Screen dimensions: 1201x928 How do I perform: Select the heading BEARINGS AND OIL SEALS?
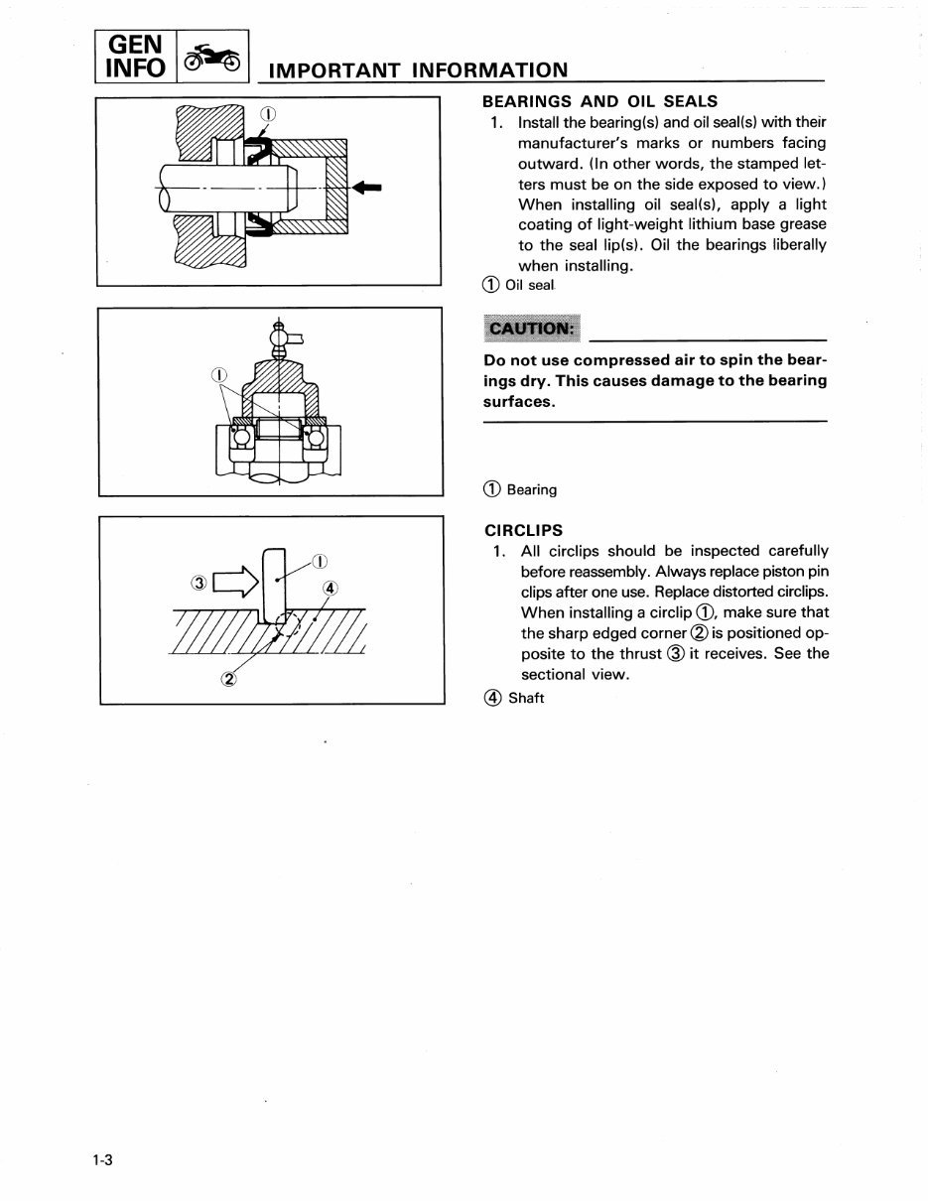tap(598, 101)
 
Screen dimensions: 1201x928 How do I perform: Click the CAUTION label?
tap(531, 329)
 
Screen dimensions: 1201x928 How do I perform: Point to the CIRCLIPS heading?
tap(522, 530)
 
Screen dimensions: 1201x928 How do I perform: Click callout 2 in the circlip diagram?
tap(229, 679)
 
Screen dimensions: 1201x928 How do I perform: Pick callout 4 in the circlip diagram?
tap(331, 588)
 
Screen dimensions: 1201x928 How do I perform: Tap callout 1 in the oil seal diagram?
tap(266, 111)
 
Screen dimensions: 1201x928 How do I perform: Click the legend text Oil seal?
tap(529, 286)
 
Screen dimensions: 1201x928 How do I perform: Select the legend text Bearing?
tap(532, 489)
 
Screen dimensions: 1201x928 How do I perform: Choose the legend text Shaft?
tap(526, 698)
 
